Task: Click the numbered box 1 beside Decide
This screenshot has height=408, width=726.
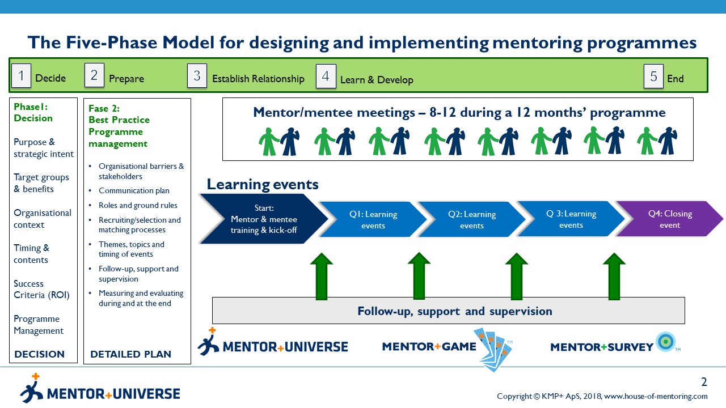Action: [21, 75]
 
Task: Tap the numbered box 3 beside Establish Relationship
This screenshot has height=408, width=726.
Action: [197, 75]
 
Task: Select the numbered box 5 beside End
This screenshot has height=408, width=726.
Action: [653, 75]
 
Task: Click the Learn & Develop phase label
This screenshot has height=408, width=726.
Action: [377, 80]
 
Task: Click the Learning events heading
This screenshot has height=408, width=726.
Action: [262, 184]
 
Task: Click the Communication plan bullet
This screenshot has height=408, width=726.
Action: [134, 190]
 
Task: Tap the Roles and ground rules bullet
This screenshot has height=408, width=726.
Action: [138, 205]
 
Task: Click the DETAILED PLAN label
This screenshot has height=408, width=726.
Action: [130, 354]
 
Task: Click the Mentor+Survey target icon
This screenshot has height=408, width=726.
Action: [664, 342]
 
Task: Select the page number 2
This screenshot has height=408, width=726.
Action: [704, 382]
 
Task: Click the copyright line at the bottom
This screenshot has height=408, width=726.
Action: [602, 396]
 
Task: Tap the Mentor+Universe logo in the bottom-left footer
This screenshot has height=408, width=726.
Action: [100, 389]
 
